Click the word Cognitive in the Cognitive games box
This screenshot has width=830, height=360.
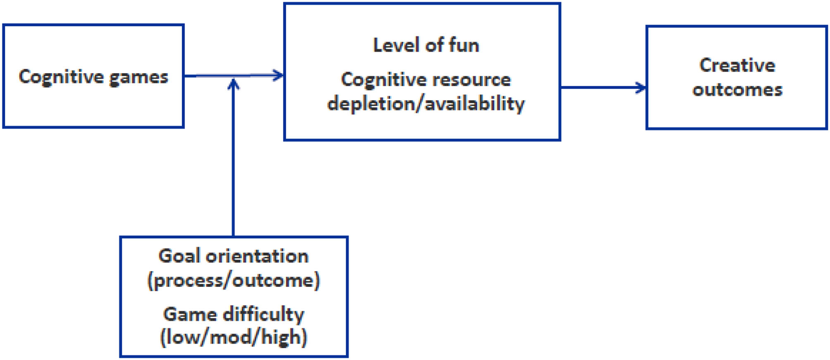click(x=61, y=77)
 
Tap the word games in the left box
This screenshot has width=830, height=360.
click(x=138, y=78)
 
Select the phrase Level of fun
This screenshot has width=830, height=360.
click(x=426, y=45)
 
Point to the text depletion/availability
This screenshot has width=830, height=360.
click(x=426, y=103)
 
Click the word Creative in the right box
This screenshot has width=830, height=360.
click(x=737, y=65)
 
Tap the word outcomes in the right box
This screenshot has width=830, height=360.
click(x=737, y=89)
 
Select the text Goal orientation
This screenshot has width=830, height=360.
click(x=233, y=256)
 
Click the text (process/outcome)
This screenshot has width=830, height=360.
click(x=233, y=280)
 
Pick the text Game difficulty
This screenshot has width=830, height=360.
click(x=233, y=314)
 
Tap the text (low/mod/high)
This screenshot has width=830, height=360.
click(x=233, y=337)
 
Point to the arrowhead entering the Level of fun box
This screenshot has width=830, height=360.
click(x=279, y=75)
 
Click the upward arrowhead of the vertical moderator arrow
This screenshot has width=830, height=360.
click(x=233, y=84)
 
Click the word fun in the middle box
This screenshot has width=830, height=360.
click(x=463, y=45)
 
